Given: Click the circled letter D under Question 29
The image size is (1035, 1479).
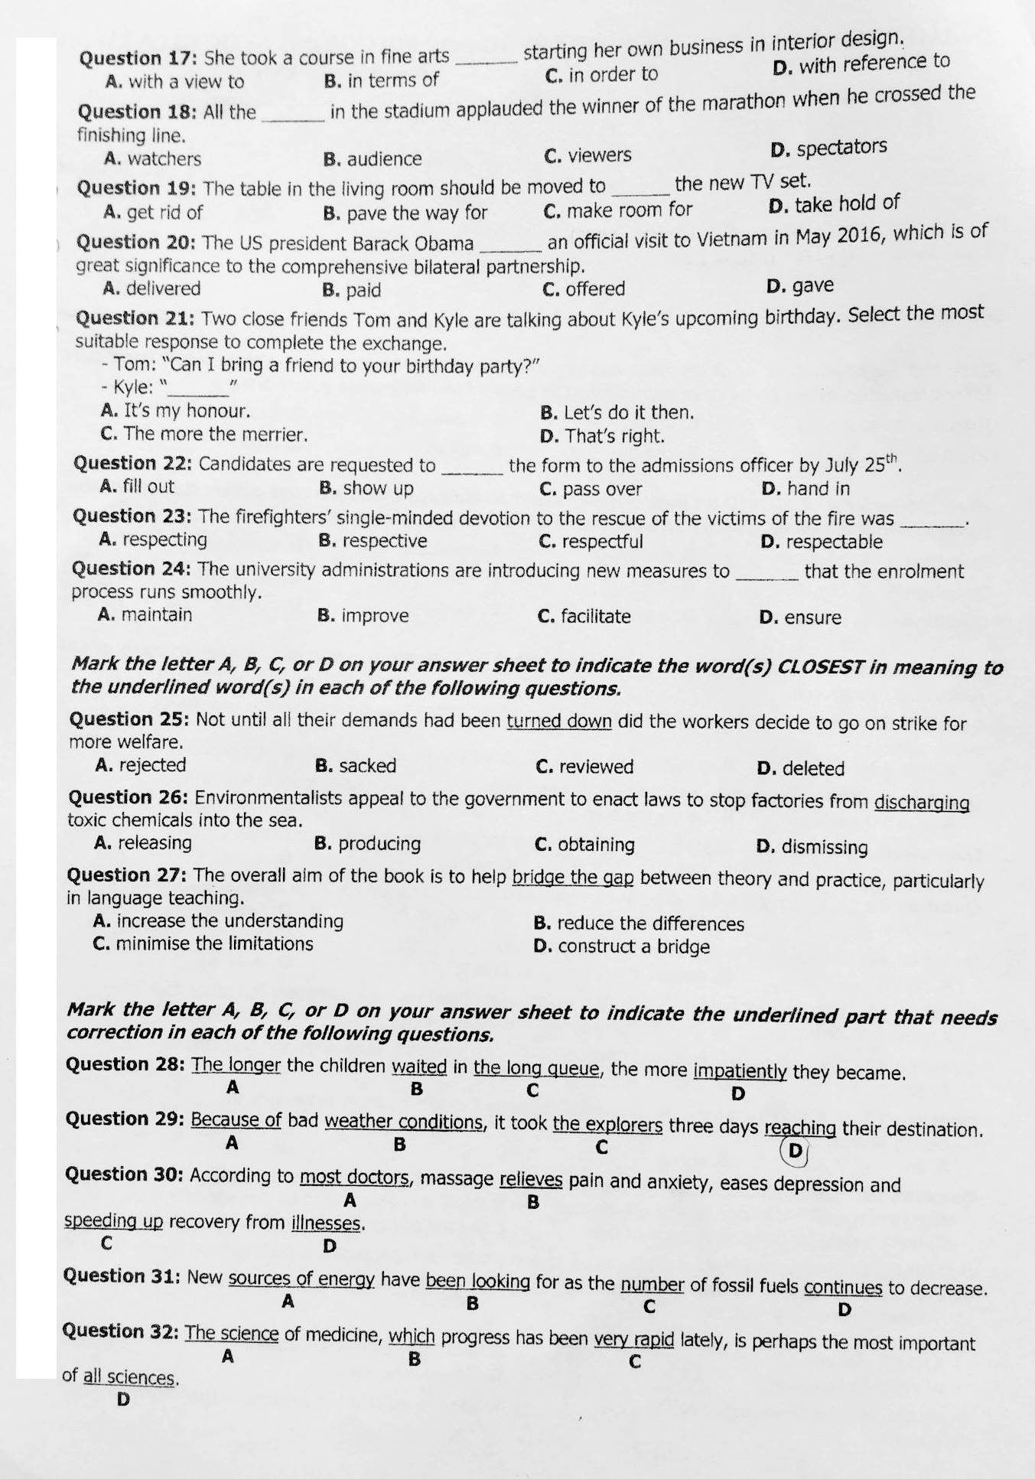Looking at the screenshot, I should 796,1151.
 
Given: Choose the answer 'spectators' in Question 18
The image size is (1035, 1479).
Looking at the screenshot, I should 841,147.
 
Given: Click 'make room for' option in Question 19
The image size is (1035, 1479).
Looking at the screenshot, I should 628,210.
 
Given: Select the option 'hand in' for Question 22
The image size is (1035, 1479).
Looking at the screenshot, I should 819,488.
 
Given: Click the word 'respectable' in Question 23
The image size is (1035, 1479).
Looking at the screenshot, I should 834,542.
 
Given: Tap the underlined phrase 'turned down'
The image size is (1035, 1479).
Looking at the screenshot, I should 559,721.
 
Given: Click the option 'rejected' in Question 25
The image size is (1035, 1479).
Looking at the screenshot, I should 152,765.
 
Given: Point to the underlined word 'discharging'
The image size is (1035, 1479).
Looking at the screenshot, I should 922,803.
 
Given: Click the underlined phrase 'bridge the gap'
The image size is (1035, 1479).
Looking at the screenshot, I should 573,877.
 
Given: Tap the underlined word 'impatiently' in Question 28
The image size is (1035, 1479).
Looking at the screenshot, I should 740,1070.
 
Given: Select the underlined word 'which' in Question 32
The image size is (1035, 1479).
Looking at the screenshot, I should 412,1337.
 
